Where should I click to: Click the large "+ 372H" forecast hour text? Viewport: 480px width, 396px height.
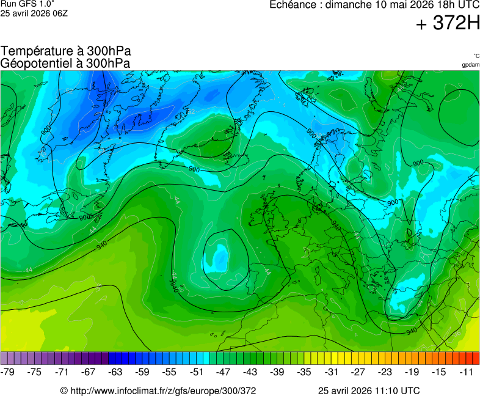click(x=448, y=24)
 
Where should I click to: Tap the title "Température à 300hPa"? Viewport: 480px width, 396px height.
click(x=66, y=51)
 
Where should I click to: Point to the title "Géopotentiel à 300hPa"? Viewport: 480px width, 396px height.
click(x=65, y=63)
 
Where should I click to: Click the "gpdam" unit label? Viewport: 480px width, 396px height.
click(x=470, y=65)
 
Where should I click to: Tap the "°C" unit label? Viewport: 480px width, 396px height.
click(x=476, y=56)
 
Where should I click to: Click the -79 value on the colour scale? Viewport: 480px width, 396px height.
click(x=9, y=372)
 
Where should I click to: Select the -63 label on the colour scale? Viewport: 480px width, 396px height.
click(x=116, y=372)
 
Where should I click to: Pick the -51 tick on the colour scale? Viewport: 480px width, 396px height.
click(x=197, y=372)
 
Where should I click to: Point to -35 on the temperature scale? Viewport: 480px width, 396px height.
click(x=304, y=372)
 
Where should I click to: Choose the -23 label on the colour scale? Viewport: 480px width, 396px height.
click(x=385, y=372)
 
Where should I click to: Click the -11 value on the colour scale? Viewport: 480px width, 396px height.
click(x=466, y=372)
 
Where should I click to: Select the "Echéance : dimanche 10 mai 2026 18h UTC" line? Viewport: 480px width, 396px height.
click(x=374, y=5)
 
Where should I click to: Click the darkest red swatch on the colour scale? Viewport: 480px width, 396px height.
click(x=476, y=359)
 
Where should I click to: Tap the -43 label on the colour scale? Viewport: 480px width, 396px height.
click(x=250, y=372)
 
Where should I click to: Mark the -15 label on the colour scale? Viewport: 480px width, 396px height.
click(x=438, y=372)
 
